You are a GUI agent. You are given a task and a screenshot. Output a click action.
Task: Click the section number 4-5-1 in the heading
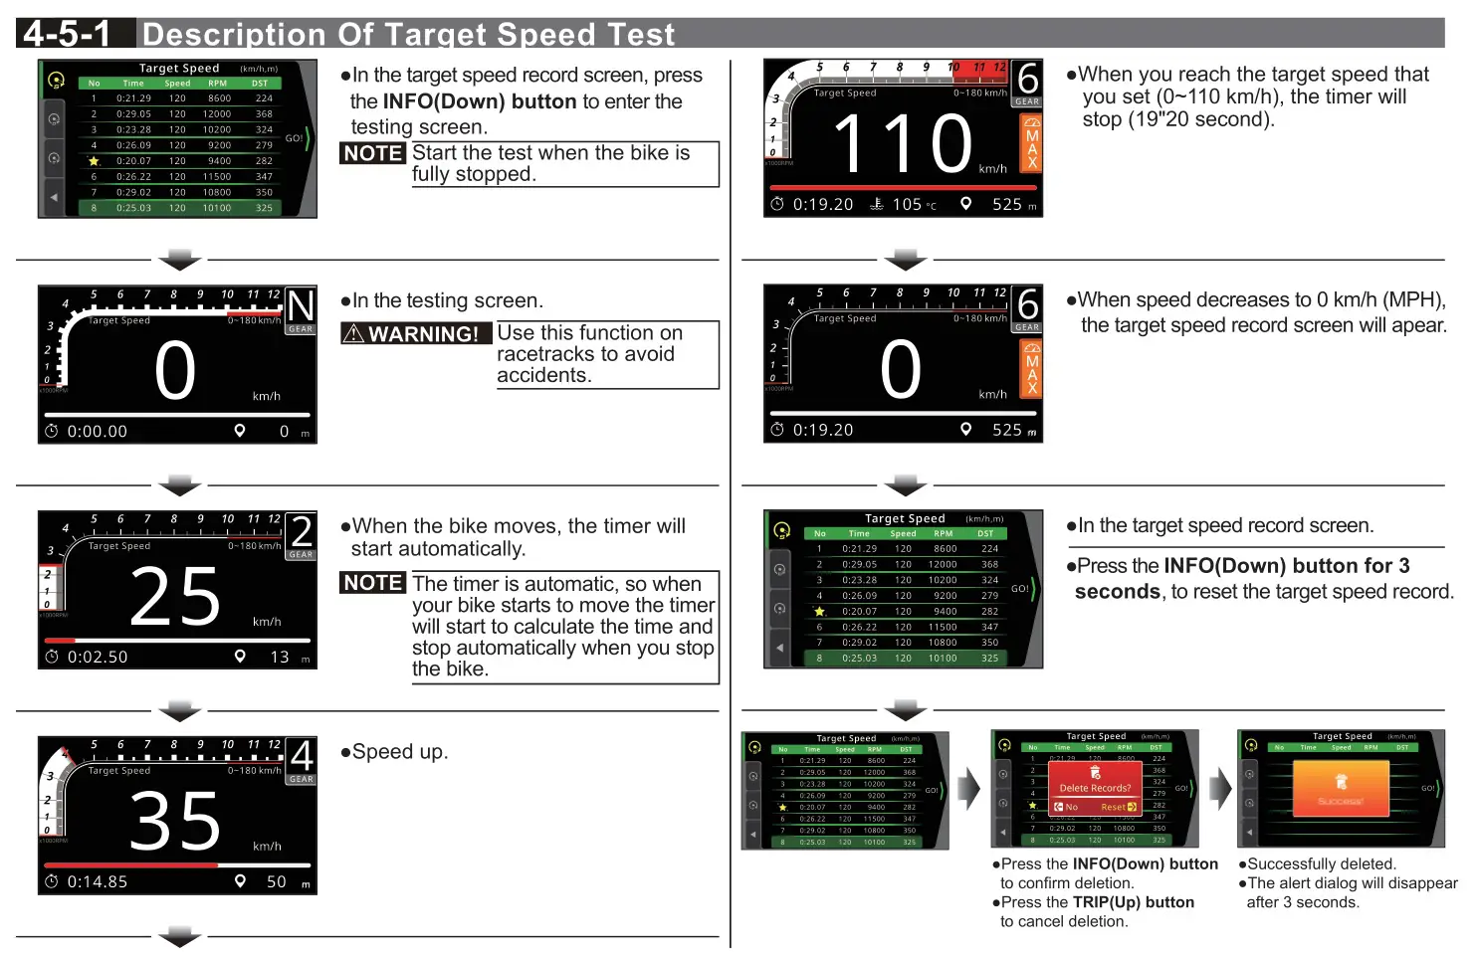[67, 34]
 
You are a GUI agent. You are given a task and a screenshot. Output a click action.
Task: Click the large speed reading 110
[902, 144]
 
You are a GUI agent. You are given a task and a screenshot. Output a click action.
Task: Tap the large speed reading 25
[175, 597]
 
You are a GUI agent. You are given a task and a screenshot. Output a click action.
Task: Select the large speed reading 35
[175, 822]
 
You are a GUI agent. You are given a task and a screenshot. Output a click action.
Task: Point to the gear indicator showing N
[301, 307]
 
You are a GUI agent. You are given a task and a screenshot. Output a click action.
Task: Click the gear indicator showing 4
[301, 757]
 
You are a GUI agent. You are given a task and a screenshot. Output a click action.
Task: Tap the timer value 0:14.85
[97, 881]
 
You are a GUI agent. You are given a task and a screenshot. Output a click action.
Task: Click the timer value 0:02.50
[97, 657]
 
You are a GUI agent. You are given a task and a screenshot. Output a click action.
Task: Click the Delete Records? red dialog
[1094, 787]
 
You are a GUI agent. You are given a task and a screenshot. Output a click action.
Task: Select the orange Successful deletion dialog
[1341, 789]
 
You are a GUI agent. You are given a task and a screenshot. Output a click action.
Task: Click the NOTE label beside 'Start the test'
[373, 153]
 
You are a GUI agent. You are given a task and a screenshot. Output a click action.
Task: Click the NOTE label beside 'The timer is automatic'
[373, 583]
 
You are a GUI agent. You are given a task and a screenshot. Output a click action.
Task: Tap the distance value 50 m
[282, 881]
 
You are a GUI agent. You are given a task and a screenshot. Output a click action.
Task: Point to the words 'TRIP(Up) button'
[1133, 902]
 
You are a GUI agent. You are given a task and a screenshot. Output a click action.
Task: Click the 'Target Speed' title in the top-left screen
[179, 69]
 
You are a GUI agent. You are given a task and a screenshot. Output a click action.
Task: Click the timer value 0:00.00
[97, 432]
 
